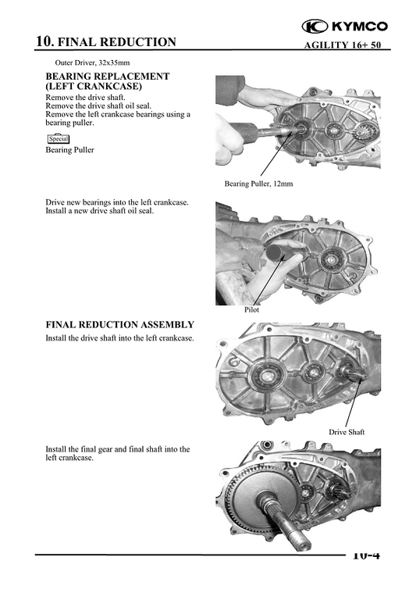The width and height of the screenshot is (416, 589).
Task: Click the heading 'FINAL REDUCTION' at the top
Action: (x=117, y=42)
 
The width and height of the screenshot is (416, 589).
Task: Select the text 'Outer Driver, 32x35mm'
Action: (x=98, y=62)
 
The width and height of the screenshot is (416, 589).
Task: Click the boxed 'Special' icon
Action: (x=59, y=139)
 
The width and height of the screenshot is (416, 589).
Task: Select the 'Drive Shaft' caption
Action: (x=346, y=432)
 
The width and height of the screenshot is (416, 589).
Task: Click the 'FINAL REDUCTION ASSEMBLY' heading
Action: (x=119, y=324)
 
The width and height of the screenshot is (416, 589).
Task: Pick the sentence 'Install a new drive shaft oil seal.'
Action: (x=99, y=211)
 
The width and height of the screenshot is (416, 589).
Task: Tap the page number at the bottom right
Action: (x=364, y=555)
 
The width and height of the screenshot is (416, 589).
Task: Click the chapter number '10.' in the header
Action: (x=45, y=42)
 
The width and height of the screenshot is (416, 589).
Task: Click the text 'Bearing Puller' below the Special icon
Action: (x=70, y=151)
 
